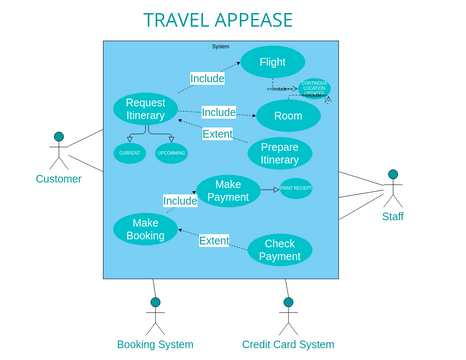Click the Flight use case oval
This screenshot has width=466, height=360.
[272, 62]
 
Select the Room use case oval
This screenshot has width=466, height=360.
[288, 116]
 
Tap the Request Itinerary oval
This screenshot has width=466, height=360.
[145, 109]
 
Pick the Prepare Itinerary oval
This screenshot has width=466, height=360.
[279, 153]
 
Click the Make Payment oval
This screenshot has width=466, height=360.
[227, 190]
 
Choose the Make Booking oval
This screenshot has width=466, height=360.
[145, 229]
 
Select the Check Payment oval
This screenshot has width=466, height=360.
[279, 250]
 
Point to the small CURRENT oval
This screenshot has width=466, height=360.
[129, 153]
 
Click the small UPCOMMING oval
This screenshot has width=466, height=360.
[171, 153]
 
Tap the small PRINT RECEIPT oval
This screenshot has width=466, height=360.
[296, 188]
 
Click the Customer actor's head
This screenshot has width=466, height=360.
[59, 136]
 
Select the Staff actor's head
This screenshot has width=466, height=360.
[393, 176]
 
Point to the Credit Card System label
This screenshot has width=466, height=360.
[288, 344]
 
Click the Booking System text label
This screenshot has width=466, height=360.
[155, 344]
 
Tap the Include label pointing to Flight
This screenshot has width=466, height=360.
[207, 77]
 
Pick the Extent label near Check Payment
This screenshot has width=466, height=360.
[213, 241]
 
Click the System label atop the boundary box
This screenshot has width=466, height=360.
[221, 46]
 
